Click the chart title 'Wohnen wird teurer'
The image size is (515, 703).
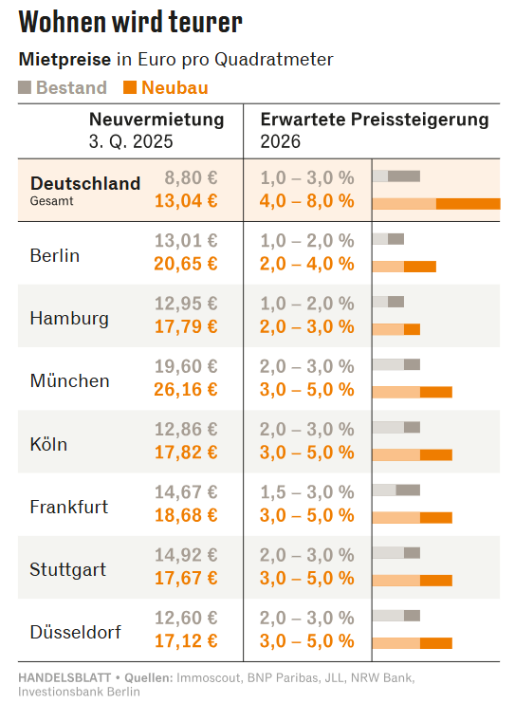click(x=131, y=22)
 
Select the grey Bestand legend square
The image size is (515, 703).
click(x=25, y=87)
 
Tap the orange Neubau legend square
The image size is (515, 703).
click(x=130, y=87)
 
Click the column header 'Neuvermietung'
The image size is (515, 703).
click(x=156, y=120)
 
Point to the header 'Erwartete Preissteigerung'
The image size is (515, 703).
click(x=375, y=120)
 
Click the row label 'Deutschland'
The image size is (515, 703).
click(x=85, y=183)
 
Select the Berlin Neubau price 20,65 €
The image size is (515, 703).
click(x=186, y=264)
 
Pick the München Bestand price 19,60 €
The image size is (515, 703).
click(x=186, y=366)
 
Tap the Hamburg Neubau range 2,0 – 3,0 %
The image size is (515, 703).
click(x=307, y=326)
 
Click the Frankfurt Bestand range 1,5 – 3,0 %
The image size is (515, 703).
click(x=307, y=491)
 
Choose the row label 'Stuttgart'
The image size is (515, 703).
click(x=67, y=569)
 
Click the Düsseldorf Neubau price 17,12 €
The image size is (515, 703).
click(x=186, y=640)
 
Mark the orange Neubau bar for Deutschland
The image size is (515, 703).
click(x=436, y=204)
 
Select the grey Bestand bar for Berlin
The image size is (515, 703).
click(x=388, y=239)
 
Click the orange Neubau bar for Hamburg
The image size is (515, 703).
click(x=396, y=329)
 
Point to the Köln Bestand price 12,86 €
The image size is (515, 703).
click(x=186, y=429)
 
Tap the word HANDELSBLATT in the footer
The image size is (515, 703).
click(x=64, y=677)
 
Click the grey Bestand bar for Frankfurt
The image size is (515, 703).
click(x=396, y=490)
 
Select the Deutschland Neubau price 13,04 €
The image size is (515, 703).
click(x=186, y=201)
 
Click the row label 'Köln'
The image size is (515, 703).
click(x=48, y=444)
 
